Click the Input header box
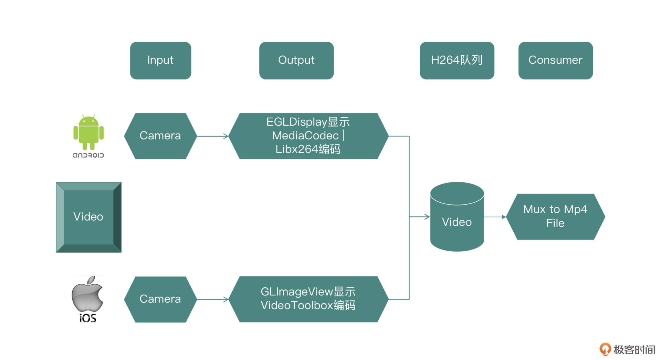coord(160,61)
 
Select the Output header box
coord(296,61)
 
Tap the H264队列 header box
coord(457,61)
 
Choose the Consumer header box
coord(555,61)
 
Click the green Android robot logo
coord(88,133)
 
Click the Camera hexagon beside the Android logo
coord(160,136)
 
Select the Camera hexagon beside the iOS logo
coord(160,299)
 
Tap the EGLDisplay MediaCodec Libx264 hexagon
coord(308,136)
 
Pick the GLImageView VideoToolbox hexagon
coord(308,299)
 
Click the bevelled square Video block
coord(88,217)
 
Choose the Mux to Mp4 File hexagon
coord(555,216)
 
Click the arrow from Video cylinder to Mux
coord(495,217)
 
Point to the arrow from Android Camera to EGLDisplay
coord(212,136)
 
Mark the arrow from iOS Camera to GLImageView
coord(212,299)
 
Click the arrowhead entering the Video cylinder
coord(427,217)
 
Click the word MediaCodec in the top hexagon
coord(305,136)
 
